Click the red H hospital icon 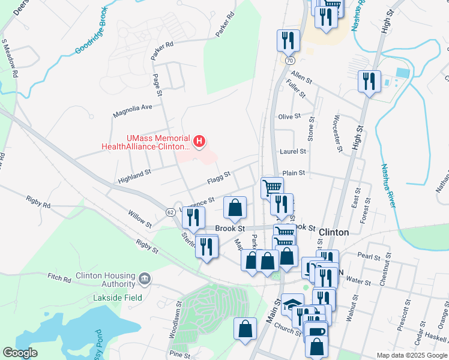200,142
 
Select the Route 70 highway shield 290,61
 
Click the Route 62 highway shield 170,212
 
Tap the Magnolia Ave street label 133,108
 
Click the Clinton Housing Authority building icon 145,278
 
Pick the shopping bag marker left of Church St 244,329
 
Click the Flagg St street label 218,176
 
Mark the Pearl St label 368,256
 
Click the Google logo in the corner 20,353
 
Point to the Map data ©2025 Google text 411,355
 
